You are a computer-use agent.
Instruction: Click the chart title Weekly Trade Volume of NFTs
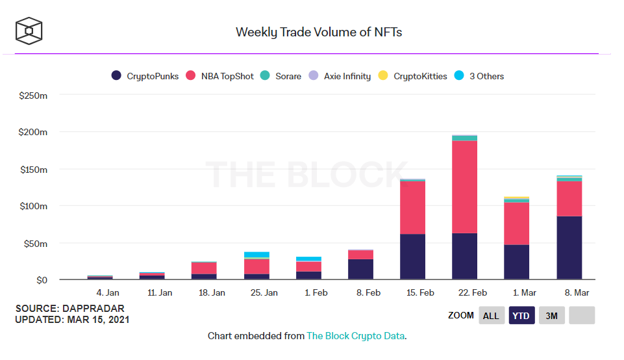pyautogui.click(x=318, y=32)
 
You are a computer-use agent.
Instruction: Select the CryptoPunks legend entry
pyautogui.click(x=145, y=76)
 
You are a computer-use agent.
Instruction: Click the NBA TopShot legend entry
pyautogui.click(x=220, y=76)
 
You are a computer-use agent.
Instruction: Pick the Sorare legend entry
pyautogui.click(x=281, y=76)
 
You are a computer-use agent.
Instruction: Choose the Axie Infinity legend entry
pyautogui.click(x=340, y=76)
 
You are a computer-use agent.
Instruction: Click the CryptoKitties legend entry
pyautogui.click(x=412, y=76)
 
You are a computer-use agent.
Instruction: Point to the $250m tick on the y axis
pyautogui.click(x=33, y=95)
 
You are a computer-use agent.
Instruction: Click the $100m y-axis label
pyautogui.click(x=33, y=206)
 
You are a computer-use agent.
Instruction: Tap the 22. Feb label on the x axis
pyautogui.click(x=472, y=293)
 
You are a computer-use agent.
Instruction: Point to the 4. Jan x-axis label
pyautogui.click(x=108, y=293)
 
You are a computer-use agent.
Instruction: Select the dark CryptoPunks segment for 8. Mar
pyautogui.click(x=569, y=248)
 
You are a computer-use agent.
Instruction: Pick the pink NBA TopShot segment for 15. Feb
pyautogui.click(x=412, y=207)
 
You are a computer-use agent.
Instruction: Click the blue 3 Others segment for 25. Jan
pyautogui.click(x=256, y=255)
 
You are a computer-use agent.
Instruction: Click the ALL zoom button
pyautogui.click(x=491, y=316)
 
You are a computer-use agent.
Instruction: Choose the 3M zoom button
pyautogui.click(x=551, y=316)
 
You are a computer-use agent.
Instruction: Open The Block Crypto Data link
pyautogui.click(x=355, y=336)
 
